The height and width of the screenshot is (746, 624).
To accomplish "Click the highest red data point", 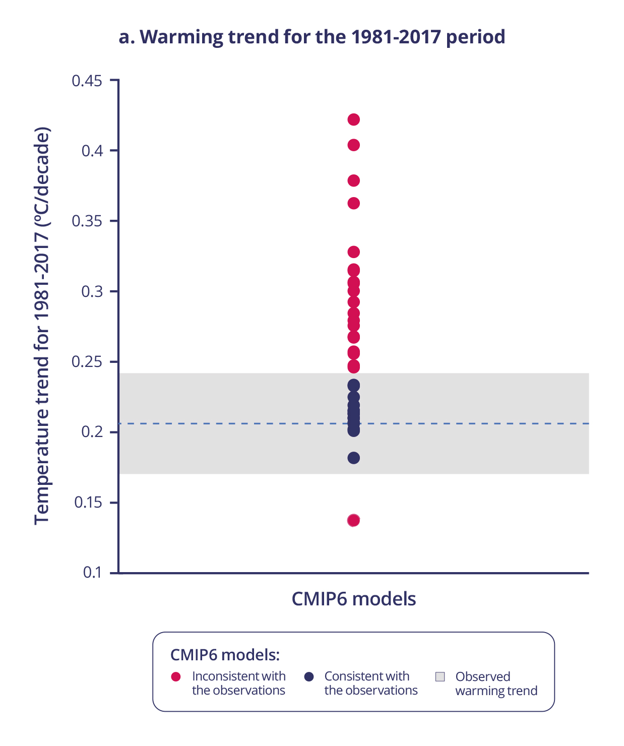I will (x=354, y=119).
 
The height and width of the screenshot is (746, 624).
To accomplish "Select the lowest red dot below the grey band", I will (x=354, y=520).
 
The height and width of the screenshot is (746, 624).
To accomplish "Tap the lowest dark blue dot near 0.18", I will (x=354, y=458).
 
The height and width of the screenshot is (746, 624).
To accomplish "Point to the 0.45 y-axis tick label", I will (x=87, y=81).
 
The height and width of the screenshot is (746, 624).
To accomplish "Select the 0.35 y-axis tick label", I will (x=87, y=221).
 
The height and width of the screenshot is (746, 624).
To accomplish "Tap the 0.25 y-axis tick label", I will (x=87, y=362).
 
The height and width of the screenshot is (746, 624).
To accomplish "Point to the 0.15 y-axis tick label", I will (x=88, y=503).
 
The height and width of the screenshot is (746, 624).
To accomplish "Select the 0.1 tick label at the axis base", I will (x=92, y=573).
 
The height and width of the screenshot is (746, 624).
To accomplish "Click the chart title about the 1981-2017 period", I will (x=312, y=37).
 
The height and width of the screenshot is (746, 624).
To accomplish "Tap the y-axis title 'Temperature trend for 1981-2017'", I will (x=42, y=326).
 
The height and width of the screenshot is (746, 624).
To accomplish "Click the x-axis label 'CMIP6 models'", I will (x=354, y=599).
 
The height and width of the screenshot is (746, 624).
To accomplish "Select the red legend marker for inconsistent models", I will (x=176, y=677).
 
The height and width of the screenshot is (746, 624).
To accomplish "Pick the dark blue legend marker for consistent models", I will (x=309, y=677).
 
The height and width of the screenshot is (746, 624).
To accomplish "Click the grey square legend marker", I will (x=440, y=677).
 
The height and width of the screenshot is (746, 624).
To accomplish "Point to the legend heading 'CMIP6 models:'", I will (x=225, y=655).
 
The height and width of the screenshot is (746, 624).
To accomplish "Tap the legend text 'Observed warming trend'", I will (x=496, y=683).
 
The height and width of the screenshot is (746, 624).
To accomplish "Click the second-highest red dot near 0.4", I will (x=354, y=145).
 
